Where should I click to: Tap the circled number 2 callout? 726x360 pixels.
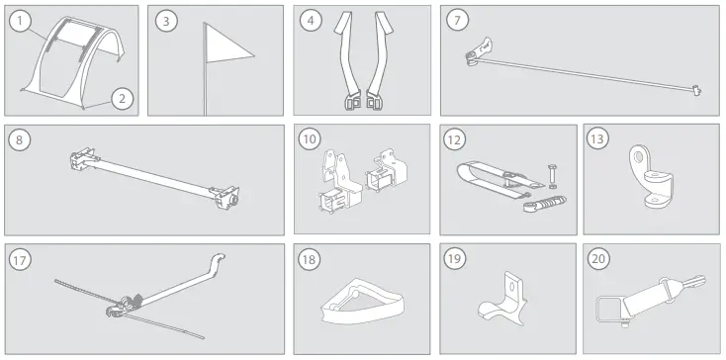tap(122, 97)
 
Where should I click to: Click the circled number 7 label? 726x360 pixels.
tap(456, 20)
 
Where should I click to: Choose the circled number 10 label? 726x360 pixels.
tap(312, 138)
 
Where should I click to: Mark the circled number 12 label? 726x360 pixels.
tap(456, 138)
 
